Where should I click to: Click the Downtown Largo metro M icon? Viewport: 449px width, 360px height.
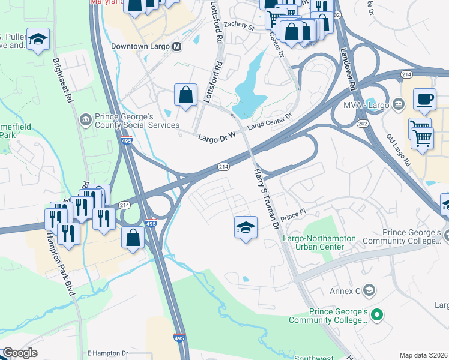176,46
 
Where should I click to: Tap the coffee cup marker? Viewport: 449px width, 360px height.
424,99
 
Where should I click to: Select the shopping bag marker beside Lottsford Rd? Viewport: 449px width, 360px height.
185,95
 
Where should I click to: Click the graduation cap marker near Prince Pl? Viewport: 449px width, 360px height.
245,227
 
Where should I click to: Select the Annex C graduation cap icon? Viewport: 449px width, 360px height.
370,292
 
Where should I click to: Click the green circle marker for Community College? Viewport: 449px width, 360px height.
377,314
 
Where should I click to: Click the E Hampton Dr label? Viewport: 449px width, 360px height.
108,353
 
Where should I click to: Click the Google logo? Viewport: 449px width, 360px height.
20,353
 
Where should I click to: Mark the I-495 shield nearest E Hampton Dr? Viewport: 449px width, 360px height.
179,338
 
